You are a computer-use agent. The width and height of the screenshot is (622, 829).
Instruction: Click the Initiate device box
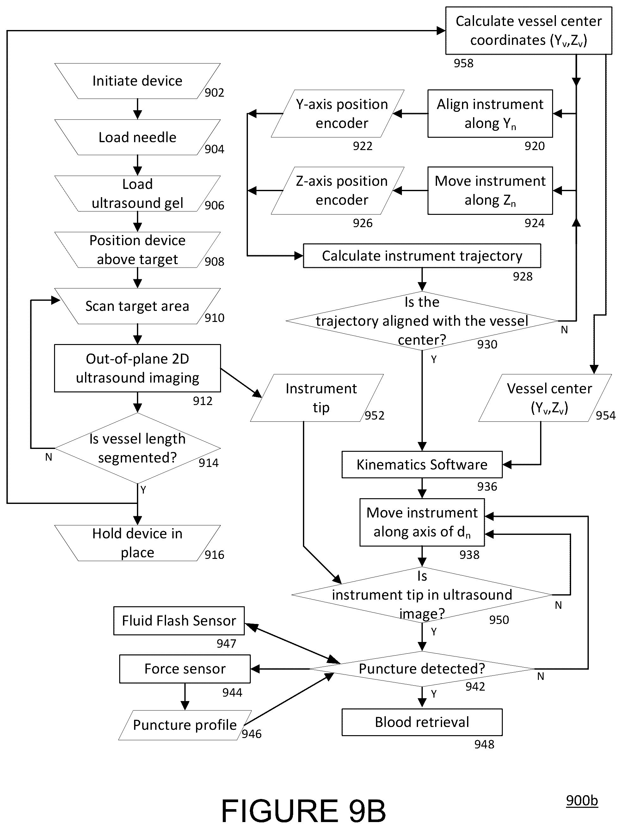pos(137,81)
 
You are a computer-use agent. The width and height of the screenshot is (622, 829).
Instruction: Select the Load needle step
pos(137,137)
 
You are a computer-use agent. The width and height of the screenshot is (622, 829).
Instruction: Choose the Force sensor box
pos(185,669)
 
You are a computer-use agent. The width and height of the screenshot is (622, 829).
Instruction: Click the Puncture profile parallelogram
pos(185,725)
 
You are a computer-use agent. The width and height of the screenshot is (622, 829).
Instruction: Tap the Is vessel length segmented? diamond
pos(137,448)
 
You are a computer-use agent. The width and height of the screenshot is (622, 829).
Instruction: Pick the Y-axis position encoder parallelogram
pos(338,113)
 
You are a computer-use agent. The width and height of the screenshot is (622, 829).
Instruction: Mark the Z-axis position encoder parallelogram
pos(338,191)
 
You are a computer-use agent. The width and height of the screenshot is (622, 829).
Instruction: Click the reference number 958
pos(463,63)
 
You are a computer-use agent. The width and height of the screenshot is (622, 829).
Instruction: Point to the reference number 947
pos(226,644)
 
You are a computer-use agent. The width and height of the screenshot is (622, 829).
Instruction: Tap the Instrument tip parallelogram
pos(317,398)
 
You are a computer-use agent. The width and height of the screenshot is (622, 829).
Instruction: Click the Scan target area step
pos(137,306)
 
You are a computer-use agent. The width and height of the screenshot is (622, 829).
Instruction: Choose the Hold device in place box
pos(137,543)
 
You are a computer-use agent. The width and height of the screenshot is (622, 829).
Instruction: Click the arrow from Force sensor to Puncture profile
pos(185,696)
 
